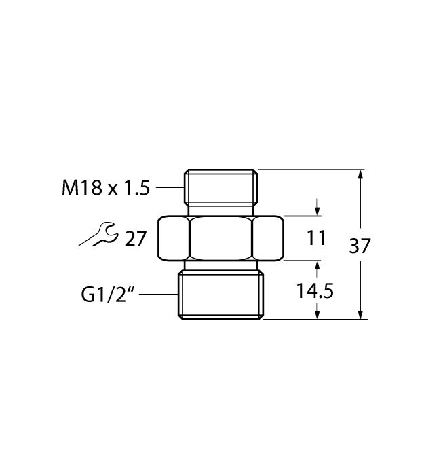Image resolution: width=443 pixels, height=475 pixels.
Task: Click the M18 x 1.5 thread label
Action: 106,188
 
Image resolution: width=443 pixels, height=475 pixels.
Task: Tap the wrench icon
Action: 98,234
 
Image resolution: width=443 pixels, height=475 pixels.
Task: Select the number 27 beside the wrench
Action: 136,239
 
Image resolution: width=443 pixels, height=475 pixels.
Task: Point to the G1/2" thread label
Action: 108,294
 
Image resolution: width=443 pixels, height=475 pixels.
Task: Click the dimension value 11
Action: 316,238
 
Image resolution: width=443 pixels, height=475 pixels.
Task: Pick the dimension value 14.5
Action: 315,291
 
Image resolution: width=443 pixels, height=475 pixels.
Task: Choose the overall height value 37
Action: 360,246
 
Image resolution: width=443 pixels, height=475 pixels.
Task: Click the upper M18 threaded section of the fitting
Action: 221,187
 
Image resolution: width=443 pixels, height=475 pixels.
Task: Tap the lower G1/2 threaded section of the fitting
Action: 220,294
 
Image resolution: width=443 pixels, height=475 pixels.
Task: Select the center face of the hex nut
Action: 221,238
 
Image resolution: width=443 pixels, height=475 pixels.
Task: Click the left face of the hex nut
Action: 174,238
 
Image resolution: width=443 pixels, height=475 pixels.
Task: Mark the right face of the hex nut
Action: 268,238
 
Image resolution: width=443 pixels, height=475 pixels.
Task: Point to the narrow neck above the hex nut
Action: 221,211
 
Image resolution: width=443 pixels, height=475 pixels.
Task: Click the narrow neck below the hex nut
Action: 221,265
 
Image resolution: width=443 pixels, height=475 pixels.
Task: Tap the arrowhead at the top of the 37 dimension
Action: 360,175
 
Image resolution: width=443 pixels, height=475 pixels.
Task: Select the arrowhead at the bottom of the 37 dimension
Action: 360,313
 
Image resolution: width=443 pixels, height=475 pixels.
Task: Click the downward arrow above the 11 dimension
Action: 317,207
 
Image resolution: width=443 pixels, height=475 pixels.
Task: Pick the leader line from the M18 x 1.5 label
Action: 170,187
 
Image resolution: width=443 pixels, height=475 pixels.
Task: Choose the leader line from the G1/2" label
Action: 158,294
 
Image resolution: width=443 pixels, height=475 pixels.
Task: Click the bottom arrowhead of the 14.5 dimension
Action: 317,313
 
